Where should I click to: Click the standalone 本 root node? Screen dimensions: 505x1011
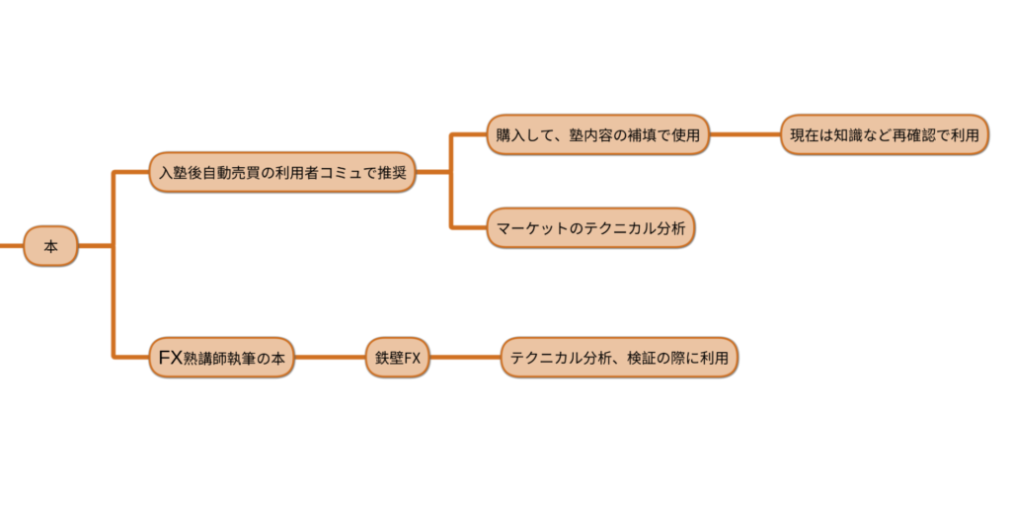50,246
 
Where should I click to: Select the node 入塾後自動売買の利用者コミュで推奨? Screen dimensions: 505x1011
281,172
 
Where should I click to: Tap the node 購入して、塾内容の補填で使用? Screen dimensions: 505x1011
598,135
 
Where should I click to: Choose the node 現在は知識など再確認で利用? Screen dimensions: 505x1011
884,135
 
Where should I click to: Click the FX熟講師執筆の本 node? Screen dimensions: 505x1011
221,358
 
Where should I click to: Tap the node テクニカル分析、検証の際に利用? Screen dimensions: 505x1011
619,358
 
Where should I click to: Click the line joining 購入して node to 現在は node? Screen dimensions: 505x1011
745,135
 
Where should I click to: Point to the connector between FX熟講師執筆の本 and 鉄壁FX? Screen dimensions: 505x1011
330,358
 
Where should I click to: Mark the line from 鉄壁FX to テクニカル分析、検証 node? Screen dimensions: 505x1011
465,358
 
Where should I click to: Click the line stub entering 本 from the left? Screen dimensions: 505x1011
11,246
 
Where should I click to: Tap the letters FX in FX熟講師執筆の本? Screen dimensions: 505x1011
170,358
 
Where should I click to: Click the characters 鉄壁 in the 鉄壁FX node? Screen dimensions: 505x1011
387,358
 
